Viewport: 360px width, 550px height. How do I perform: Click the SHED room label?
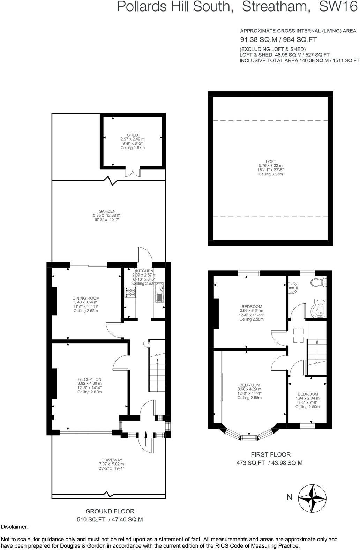point(133,135)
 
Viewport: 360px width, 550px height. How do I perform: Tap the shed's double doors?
point(133,173)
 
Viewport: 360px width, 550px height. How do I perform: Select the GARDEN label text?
point(107,211)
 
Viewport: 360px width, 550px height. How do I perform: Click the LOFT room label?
point(271,161)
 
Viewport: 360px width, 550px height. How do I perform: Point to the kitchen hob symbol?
point(130,292)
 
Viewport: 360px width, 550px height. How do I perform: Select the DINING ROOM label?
point(86,298)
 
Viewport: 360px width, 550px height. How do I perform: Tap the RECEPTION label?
point(90,379)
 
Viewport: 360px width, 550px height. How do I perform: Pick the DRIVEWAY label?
point(111,460)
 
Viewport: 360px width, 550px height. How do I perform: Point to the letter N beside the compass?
point(289,497)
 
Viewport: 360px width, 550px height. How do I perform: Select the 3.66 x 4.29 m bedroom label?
point(249,385)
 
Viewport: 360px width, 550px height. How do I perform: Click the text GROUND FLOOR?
point(110,511)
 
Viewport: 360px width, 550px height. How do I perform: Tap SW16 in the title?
point(339,7)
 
